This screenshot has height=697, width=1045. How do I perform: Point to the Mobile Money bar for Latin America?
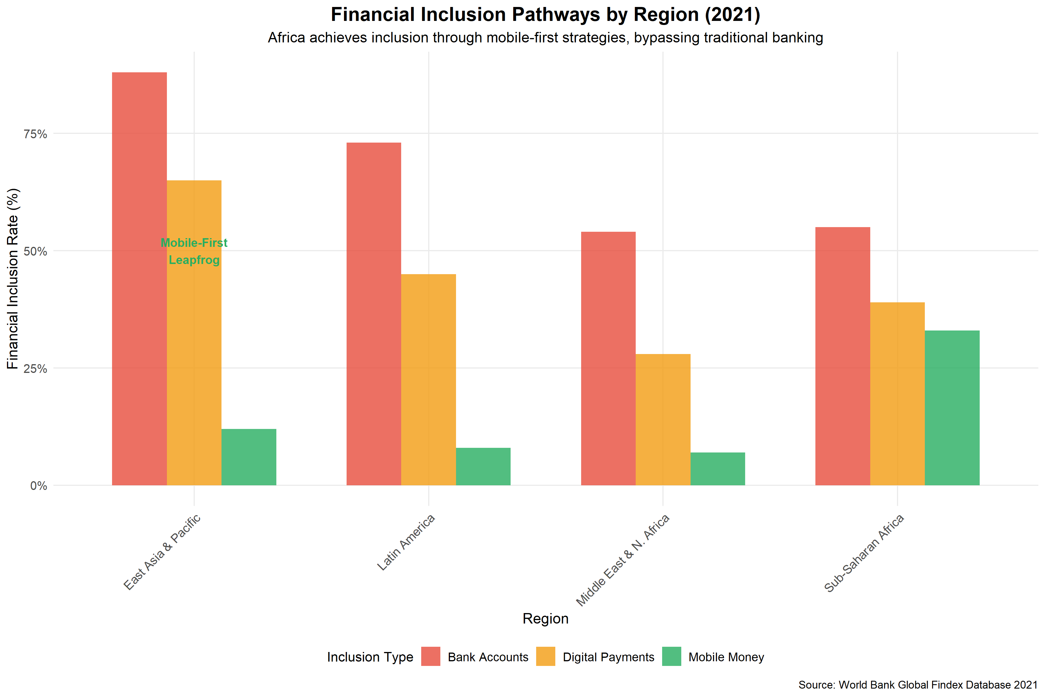click(483, 466)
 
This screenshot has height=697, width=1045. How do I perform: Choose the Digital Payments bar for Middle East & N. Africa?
click(663, 420)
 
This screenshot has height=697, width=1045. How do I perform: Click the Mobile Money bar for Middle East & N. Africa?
click(718, 469)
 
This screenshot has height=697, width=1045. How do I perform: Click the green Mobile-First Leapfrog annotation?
click(194, 251)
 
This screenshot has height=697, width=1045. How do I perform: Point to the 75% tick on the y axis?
click(35, 134)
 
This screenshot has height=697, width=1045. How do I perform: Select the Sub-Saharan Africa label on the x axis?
click(864, 554)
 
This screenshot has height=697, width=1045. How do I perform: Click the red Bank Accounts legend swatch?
click(430, 657)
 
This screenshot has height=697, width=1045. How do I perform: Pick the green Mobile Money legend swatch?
click(671, 657)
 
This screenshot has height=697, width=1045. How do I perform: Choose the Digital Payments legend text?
click(608, 657)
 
